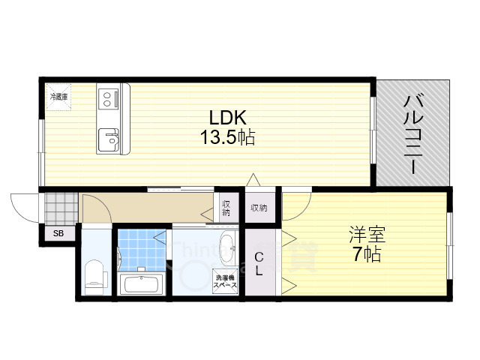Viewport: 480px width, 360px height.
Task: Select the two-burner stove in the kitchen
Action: [x=108, y=97]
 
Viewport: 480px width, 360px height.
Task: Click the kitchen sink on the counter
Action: [x=109, y=138]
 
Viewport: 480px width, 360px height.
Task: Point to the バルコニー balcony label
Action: [x=412, y=134]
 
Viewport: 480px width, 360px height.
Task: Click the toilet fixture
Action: [x=94, y=273]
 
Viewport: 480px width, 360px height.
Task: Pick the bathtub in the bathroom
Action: [x=142, y=286]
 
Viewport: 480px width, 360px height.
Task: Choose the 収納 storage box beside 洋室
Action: [x=259, y=208]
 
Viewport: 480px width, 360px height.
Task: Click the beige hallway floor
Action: [x=150, y=208]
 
